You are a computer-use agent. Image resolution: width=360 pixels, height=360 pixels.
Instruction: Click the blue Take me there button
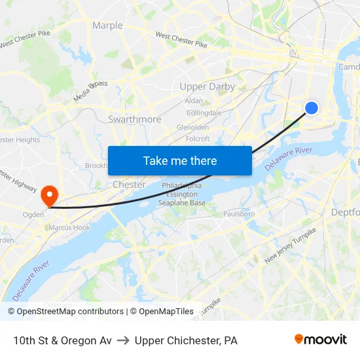tap(180, 160)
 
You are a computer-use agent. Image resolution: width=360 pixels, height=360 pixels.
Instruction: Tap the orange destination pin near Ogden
tap(49, 195)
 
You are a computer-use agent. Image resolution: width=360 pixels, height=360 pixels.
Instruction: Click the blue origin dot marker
tap(312, 108)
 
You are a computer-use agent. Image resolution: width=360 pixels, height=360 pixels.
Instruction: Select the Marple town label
tap(107, 26)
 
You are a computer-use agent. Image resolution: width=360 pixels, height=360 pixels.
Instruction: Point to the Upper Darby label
tap(207, 86)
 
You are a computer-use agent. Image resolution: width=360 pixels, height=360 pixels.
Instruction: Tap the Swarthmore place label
tap(134, 119)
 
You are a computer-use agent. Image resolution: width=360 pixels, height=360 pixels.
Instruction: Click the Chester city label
tap(129, 185)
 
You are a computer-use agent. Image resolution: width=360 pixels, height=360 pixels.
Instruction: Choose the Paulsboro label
tap(239, 213)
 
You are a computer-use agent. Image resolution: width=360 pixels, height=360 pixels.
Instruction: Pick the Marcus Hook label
tap(69, 227)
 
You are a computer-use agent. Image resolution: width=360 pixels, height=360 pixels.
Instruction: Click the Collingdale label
tap(204, 113)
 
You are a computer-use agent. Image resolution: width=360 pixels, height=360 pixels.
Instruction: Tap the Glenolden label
tap(192, 127)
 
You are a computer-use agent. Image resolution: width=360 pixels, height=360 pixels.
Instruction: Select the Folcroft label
tap(198, 138)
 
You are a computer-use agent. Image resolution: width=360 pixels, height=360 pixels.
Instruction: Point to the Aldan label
tap(194, 101)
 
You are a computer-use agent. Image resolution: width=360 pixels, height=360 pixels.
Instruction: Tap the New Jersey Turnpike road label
tap(290, 246)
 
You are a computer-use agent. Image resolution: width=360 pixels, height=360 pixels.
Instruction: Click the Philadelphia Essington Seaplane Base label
tap(182, 194)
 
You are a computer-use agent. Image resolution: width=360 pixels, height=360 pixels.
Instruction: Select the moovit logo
tap(321, 340)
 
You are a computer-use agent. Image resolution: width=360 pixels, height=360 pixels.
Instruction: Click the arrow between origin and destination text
tap(123, 340)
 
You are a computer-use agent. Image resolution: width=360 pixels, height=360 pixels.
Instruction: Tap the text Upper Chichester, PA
tap(186, 340)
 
